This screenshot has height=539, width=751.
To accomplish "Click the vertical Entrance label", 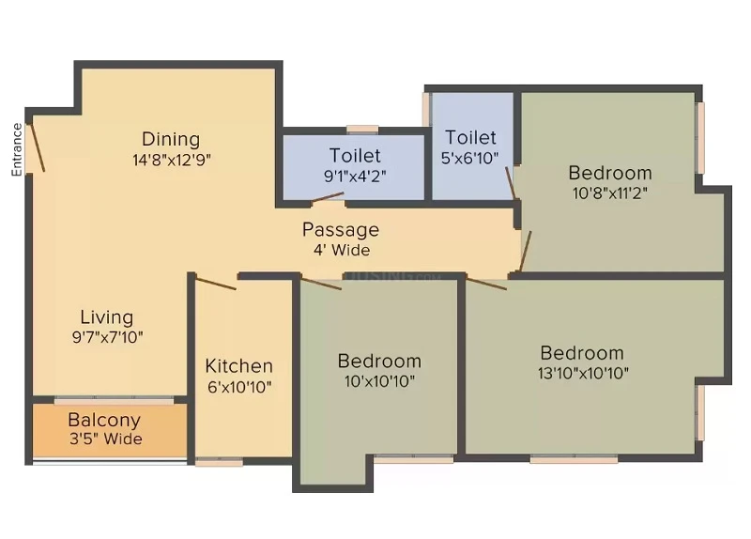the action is (17, 149).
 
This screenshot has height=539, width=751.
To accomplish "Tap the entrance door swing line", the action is (36, 146).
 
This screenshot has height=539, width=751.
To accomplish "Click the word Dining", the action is (171, 139).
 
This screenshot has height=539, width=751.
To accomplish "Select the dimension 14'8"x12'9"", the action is (172, 160).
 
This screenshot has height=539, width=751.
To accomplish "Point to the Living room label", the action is (107, 317).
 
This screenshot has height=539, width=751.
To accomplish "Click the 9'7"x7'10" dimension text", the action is (107, 337).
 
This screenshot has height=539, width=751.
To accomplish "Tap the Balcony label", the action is (104, 420).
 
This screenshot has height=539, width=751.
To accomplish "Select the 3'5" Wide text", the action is (106, 439).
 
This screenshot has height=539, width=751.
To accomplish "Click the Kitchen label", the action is (239, 366).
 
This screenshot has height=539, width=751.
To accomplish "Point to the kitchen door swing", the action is (216, 284).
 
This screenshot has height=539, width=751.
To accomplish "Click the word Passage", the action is (341, 230).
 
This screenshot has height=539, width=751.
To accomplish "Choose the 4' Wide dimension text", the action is (342, 250).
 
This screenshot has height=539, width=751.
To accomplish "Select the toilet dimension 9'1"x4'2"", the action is (355, 177).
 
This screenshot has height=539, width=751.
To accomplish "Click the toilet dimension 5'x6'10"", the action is (470, 158).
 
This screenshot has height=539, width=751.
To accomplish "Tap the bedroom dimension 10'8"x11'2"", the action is (609, 193).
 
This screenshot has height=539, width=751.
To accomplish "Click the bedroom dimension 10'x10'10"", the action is (379, 381).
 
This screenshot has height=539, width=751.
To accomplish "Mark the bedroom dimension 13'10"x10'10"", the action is (583, 373).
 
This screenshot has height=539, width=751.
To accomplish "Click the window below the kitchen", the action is (220, 462).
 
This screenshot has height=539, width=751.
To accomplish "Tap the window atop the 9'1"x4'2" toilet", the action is (362, 129).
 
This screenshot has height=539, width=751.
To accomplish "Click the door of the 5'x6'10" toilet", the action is (511, 182).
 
